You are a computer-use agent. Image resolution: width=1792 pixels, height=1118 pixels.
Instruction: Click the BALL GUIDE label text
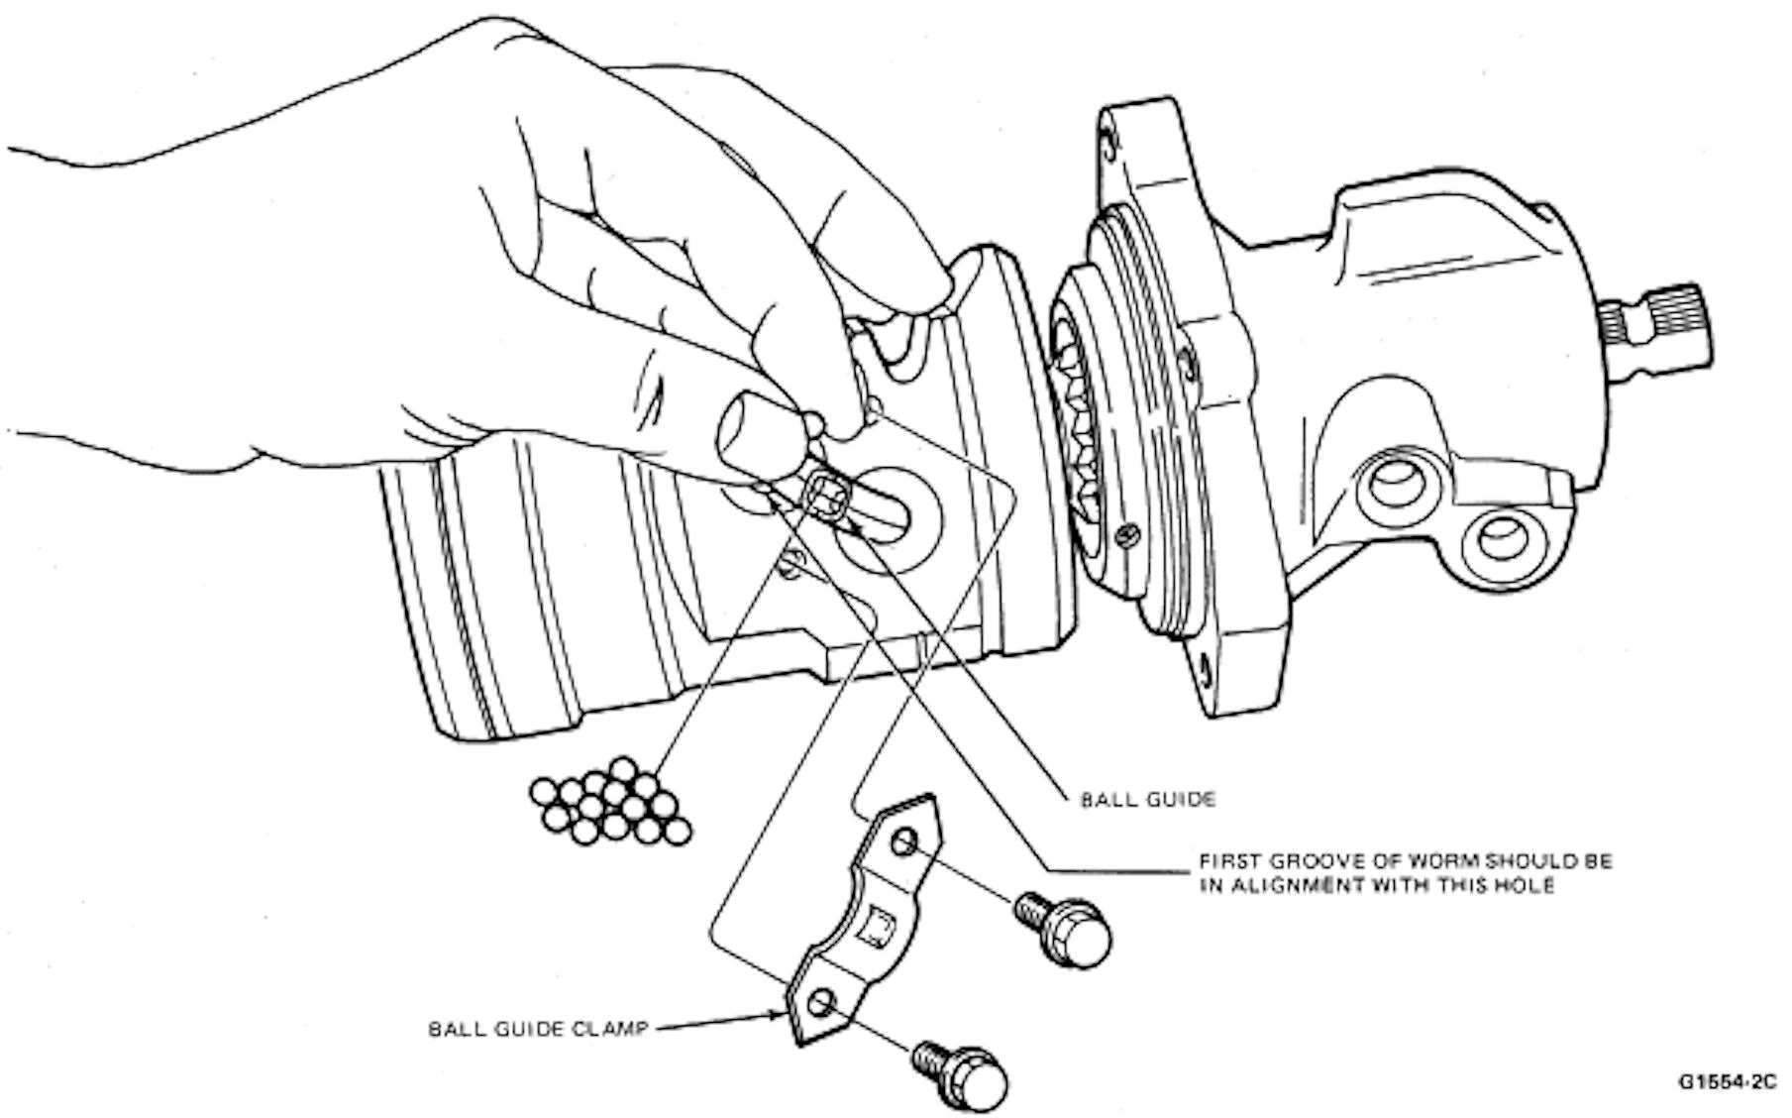pyautogui.click(x=1146, y=799)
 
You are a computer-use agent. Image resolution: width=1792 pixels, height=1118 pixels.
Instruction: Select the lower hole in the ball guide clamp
pyautogui.click(x=818, y=1004)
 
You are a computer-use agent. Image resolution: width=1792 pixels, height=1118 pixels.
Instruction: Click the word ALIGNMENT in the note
pyautogui.click(x=1293, y=885)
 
